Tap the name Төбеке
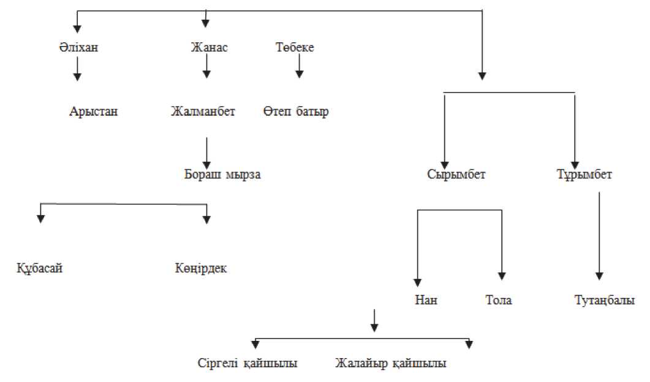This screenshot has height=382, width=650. click(x=295, y=47)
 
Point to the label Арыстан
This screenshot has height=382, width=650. click(x=93, y=112)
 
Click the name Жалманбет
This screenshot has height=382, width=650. click(x=203, y=112)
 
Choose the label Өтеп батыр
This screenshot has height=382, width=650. click(x=296, y=112)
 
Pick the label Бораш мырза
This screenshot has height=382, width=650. click(x=222, y=174)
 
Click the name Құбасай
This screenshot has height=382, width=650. click(x=40, y=269)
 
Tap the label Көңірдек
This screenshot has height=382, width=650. click(x=200, y=269)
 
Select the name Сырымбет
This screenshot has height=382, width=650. click(x=456, y=174)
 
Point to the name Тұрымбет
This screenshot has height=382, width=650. click(x=581, y=174)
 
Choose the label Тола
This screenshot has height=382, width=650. click(x=498, y=300)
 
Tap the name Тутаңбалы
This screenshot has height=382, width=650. click(x=605, y=300)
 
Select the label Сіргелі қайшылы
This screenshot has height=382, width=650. click(x=248, y=363)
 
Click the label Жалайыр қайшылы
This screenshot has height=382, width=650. click(x=391, y=363)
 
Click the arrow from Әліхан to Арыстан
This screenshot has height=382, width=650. click(x=77, y=69)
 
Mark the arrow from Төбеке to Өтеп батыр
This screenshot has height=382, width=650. click(x=299, y=66)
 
